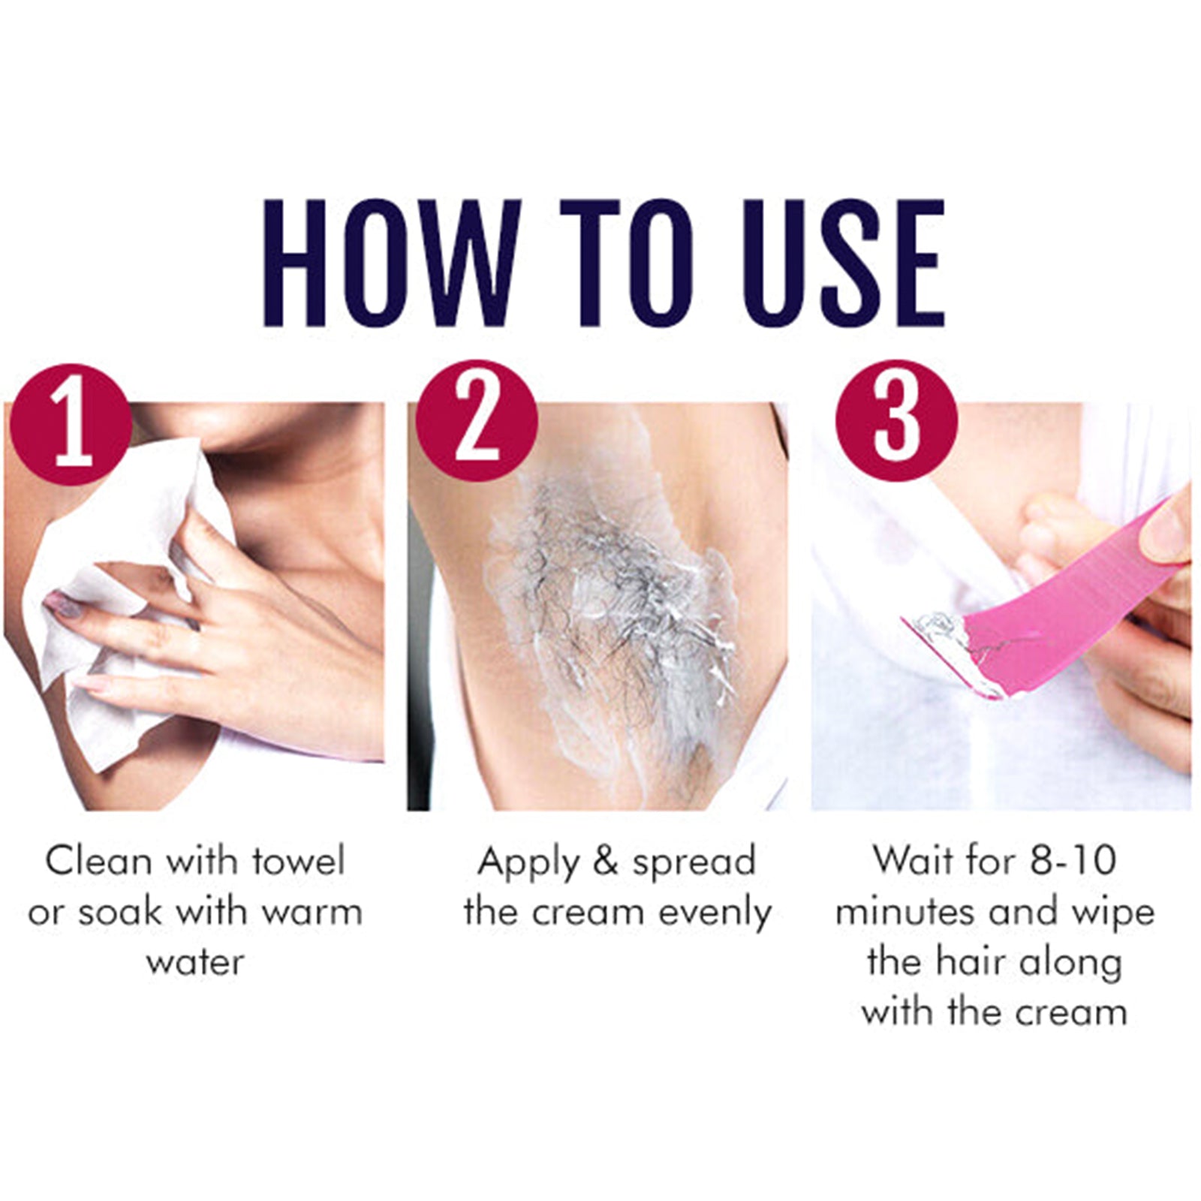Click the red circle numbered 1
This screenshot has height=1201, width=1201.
(72, 425)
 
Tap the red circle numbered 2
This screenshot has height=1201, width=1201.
(477, 420)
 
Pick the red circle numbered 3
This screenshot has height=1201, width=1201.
(897, 420)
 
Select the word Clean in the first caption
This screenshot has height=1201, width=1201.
(98, 860)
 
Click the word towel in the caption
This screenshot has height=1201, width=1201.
(298, 860)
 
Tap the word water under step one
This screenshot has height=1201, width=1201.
(195, 962)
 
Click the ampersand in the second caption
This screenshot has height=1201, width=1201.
(604, 860)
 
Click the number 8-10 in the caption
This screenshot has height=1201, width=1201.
(1073, 860)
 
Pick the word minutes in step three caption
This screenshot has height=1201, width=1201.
(905, 911)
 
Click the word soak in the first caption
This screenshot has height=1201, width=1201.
(120, 911)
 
